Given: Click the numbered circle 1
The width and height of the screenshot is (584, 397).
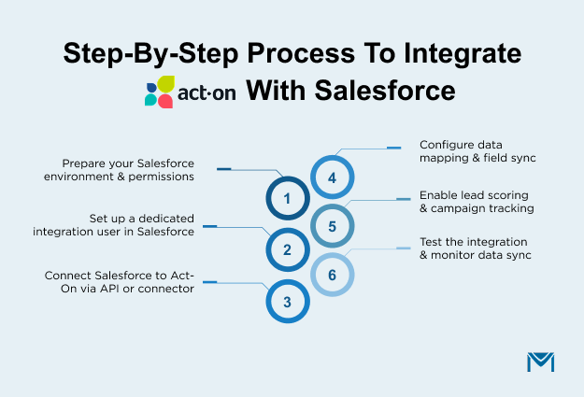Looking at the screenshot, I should tap(287, 199).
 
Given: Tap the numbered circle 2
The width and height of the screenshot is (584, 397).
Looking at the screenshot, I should tap(287, 250).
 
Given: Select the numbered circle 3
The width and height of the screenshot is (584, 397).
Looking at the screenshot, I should tap(287, 302).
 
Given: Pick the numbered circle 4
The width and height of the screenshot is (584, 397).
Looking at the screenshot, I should tap(332, 176).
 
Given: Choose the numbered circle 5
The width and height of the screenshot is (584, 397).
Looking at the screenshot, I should tap(332, 226).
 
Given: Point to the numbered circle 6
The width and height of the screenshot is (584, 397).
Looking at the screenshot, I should tap(332, 276).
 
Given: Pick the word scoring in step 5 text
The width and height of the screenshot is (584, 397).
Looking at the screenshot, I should tap(507, 194).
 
